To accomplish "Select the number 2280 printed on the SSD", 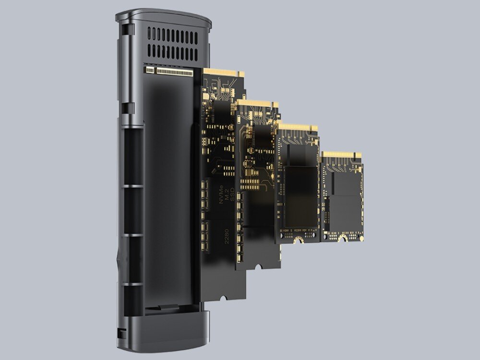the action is (x=227, y=236).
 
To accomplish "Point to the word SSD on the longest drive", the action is (x=232, y=194).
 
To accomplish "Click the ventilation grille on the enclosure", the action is (x=173, y=44).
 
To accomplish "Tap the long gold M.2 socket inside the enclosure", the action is (x=175, y=72).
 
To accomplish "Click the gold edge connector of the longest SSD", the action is (x=224, y=73).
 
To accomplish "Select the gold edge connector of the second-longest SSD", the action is (x=258, y=104).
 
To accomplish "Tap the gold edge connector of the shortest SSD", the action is (x=342, y=155).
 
